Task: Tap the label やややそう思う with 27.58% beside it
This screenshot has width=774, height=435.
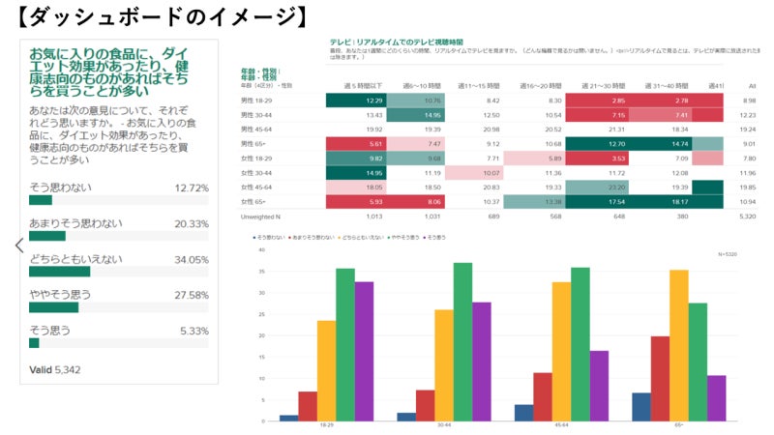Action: pyautogui.click(x=60, y=295)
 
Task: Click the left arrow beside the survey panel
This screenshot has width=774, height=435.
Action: pyautogui.click(x=18, y=246)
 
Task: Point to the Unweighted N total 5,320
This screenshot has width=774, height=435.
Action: pyautogui.click(x=745, y=216)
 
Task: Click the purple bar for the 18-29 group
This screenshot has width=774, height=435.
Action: pyautogui.click(x=364, y=352)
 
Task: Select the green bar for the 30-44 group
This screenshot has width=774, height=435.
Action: pyautogui.click(x=462, y=342)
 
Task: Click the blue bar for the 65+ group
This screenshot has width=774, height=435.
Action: pyautogui.click(x=640, y=407)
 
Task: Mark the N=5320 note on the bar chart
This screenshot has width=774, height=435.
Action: pyautogui.click(x=728, y=254)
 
